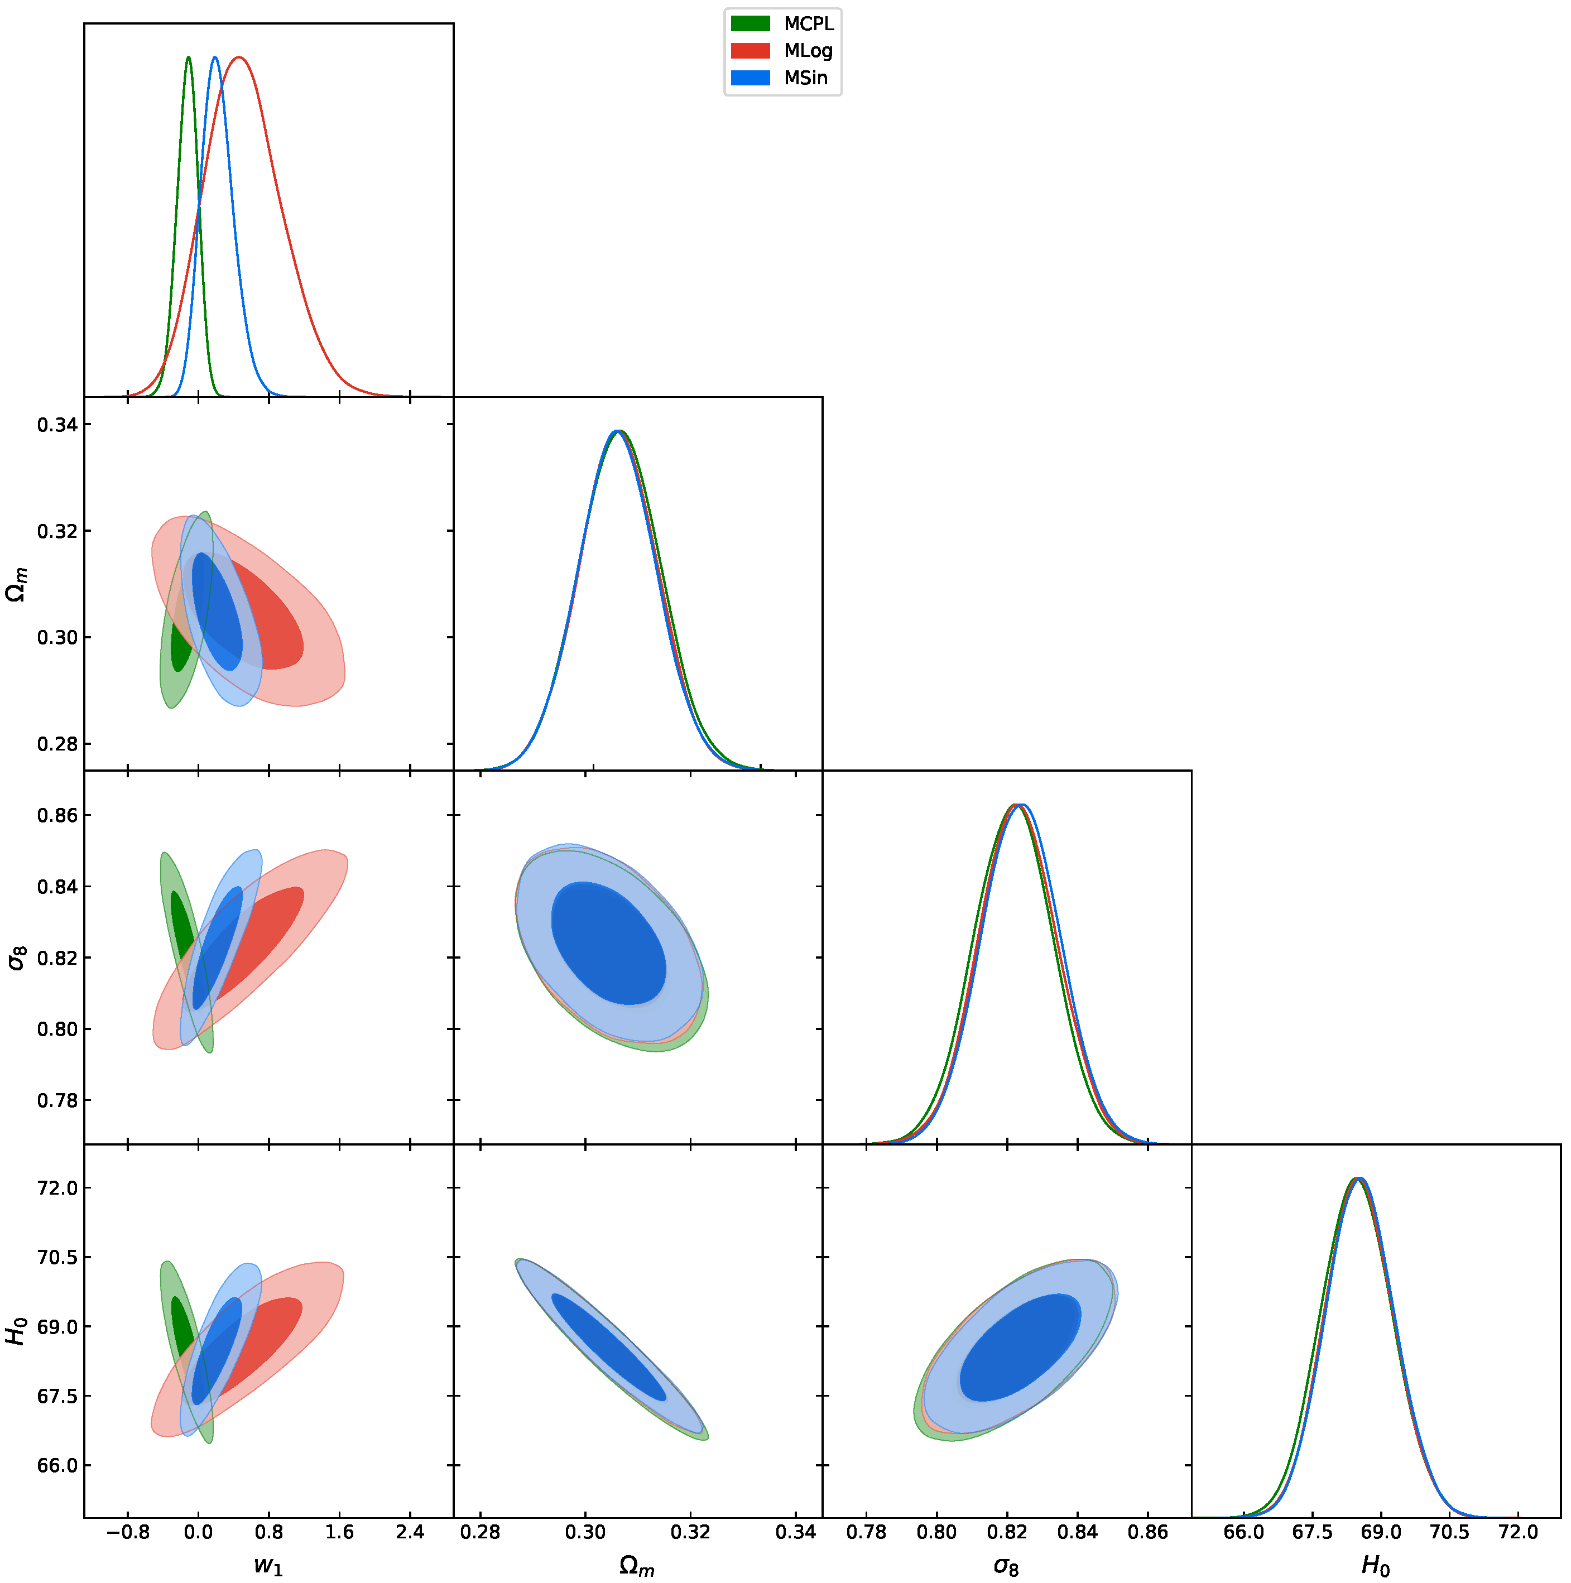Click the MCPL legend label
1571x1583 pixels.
808,24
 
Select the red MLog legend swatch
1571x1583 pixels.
750,51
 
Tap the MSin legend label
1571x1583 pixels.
805,78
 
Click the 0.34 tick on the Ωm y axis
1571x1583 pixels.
57,425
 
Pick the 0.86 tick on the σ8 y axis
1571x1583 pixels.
57,815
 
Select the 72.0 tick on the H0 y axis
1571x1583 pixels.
57,1188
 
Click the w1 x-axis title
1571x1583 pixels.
268,1565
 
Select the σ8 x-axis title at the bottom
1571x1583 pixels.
1006,1566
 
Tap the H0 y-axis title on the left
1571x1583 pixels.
16,1331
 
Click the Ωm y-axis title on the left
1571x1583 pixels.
16,584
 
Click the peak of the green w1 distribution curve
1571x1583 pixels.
189,57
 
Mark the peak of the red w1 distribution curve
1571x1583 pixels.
238,57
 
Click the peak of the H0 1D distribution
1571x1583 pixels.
1358,1178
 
